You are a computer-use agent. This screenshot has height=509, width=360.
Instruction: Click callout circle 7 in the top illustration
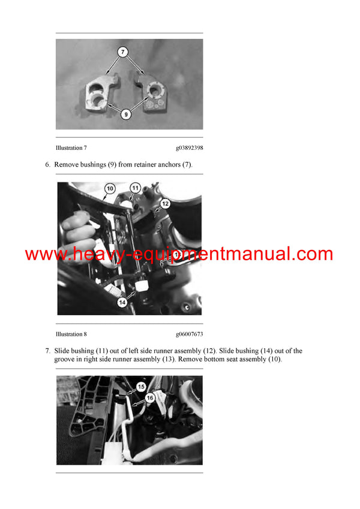[124, 53]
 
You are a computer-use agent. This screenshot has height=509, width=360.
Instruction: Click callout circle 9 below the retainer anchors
[125, 113]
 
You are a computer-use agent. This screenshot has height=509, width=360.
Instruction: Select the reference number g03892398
[189, 147]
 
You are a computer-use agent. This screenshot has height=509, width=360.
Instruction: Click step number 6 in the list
[48, 164]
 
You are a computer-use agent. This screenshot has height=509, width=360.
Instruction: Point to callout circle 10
[109, 188]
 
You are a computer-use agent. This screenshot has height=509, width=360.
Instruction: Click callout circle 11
[136, 188]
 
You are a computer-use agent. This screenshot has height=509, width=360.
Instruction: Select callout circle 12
[165, 204]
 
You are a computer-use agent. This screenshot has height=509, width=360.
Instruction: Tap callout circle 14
[122, 303]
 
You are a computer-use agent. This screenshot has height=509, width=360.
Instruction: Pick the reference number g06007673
[189, 334]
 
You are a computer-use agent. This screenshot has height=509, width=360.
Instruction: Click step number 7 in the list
[48, 351]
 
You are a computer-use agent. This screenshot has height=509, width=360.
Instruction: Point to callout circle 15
[141, 387]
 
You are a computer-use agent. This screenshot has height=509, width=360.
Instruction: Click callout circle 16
[149, 397]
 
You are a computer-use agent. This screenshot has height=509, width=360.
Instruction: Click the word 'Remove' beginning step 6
[67, 164]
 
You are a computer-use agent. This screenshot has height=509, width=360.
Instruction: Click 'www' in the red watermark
[41, 254]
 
